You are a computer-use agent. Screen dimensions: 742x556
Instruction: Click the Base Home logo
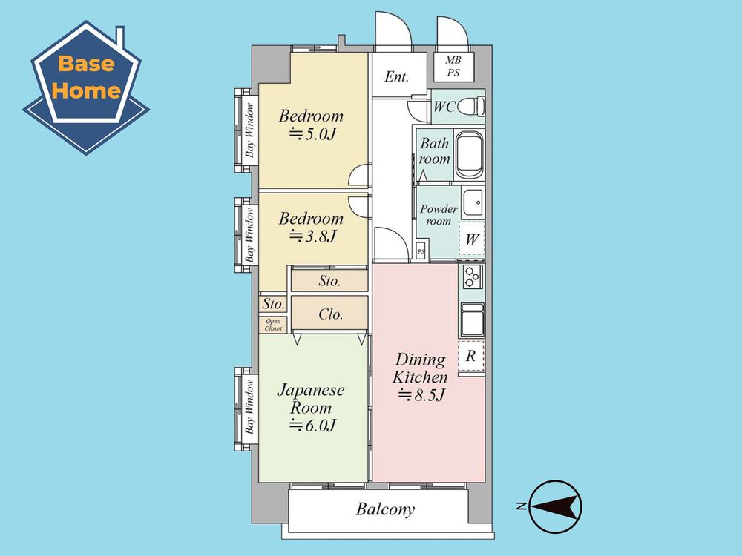click(x=86, y=88)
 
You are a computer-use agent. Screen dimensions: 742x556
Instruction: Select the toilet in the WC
click(x=471, y=106)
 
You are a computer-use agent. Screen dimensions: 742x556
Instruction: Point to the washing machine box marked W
click(x=472, y=239)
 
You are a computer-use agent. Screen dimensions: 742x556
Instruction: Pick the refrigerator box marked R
click(x=471, y=356)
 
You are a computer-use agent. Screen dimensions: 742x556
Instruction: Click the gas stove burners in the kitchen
click(x=472, y=277)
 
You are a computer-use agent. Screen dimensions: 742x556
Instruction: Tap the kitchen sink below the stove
click(x=472, y=320)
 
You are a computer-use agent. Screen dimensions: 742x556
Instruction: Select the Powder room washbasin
click(x=473, y=203)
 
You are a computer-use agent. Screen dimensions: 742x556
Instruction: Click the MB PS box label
click(x=453, y=66)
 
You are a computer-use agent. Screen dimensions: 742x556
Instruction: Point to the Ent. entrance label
click(x=396, y=76)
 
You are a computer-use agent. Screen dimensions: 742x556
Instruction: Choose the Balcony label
click(x=385, y=509)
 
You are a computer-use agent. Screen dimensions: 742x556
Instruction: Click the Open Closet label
click(x=273, y=325)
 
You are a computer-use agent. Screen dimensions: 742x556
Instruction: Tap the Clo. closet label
click(x=330, y=314)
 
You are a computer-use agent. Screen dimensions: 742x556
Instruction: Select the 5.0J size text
click(x=312, y=134)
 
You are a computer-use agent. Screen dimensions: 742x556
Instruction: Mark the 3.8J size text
click(x=312, y=236)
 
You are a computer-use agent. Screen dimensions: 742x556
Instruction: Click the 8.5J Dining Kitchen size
click(x=421, y=394)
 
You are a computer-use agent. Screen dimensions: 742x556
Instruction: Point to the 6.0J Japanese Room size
click(x=312, y=426)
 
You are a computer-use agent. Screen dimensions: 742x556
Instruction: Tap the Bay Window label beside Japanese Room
click(x=249, y=406)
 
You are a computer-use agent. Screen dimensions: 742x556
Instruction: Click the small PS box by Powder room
click(x=421, y=251)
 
